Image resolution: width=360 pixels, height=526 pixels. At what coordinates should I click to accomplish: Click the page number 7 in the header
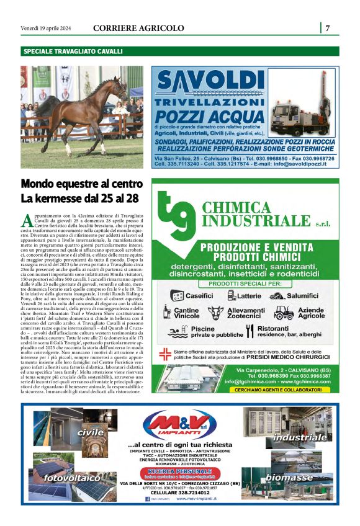pos(327,28)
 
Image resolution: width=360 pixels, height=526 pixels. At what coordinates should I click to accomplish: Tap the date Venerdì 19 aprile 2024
pos(46,28)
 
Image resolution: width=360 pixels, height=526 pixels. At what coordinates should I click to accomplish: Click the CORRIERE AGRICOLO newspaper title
pos(138,28)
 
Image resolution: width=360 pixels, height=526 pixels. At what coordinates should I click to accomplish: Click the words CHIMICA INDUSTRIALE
pos(260,214)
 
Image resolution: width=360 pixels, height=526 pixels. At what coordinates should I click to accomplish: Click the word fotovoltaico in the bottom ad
pos(72,478)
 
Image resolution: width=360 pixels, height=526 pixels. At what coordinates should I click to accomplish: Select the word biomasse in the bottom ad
pos(290,478)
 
